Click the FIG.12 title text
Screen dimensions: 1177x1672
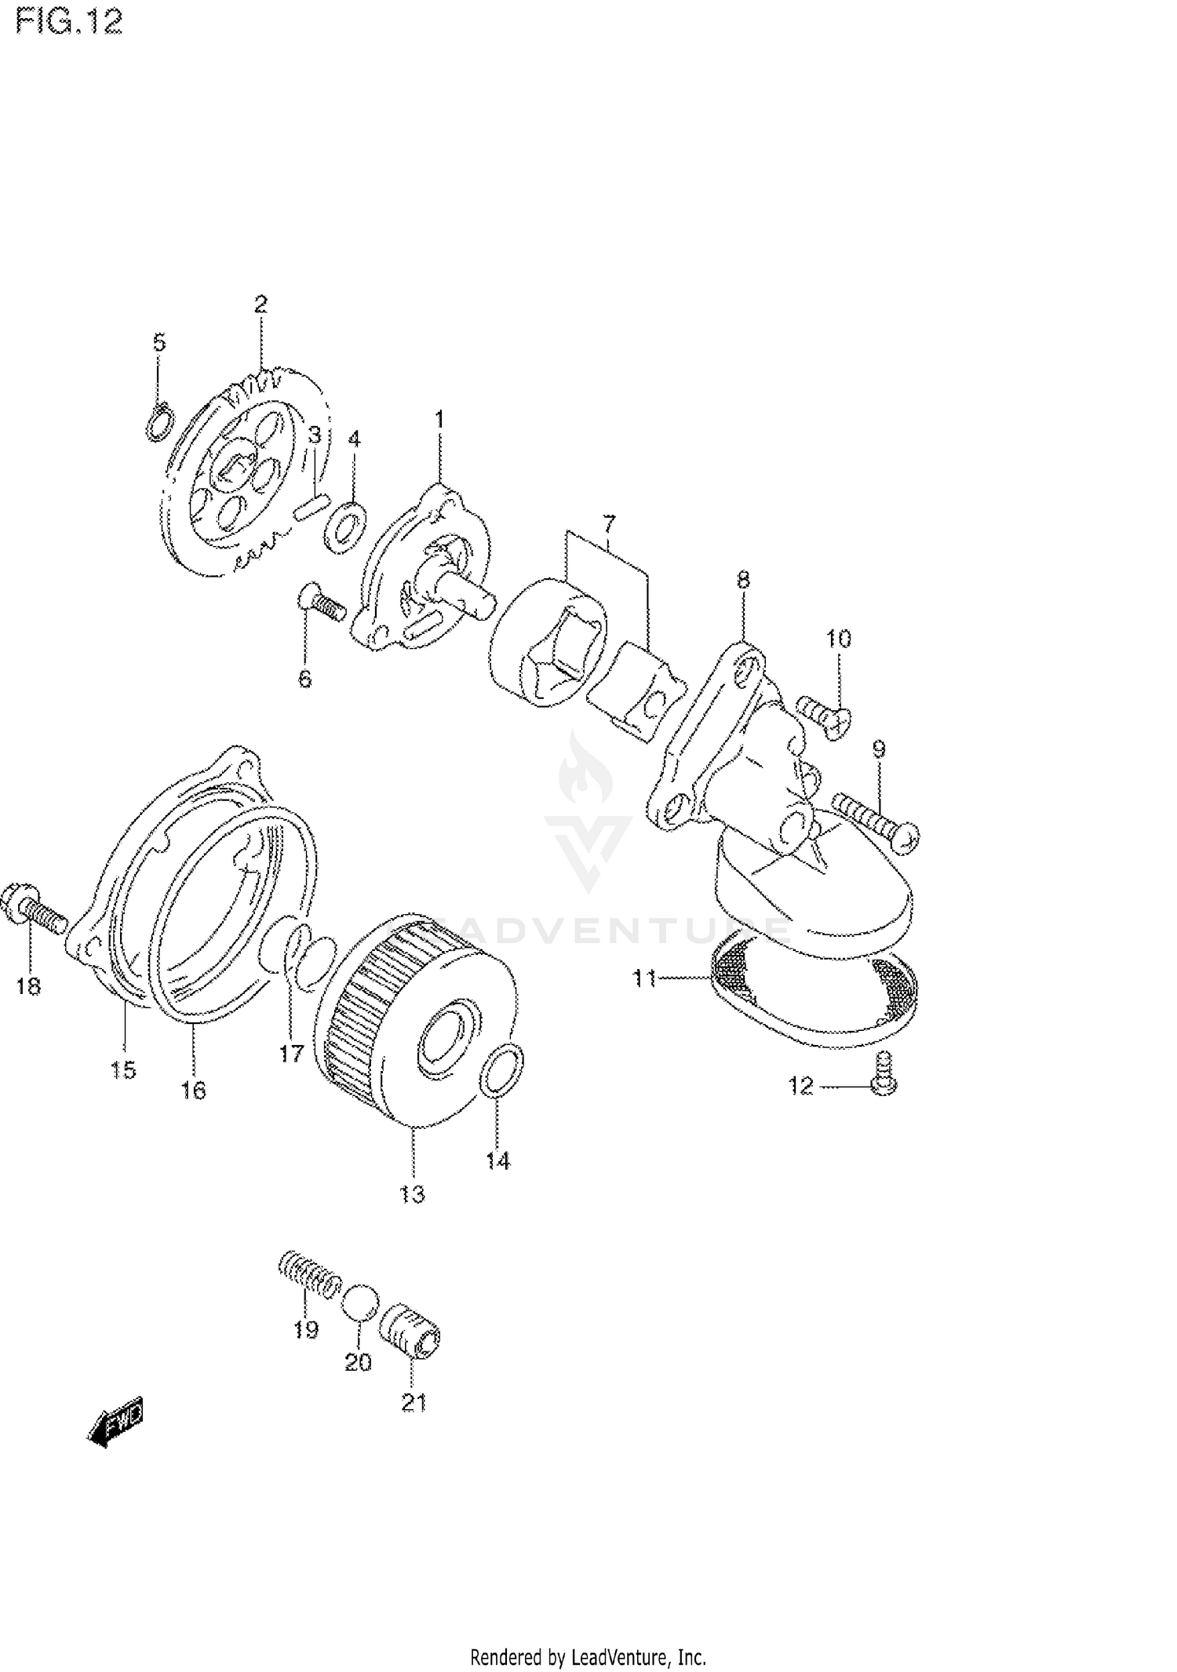(69, 23)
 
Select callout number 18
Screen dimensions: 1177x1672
(28, 986)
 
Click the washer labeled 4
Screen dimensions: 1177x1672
(344, 523)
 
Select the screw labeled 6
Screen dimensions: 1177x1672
(321, 606)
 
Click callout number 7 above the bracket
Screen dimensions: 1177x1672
(609, 523)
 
